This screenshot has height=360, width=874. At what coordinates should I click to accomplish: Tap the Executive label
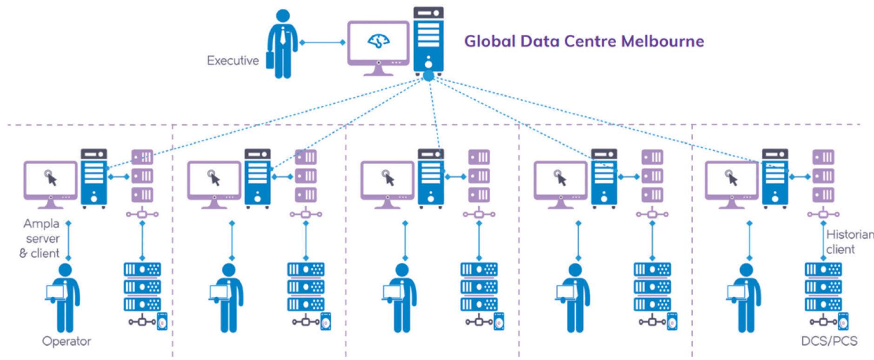233,60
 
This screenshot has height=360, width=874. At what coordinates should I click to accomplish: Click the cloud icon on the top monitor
379,41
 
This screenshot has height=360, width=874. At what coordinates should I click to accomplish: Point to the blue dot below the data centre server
428,76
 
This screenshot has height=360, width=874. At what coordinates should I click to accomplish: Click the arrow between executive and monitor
322,42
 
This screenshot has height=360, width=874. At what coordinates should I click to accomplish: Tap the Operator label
67,341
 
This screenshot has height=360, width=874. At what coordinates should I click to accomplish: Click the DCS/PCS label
829,341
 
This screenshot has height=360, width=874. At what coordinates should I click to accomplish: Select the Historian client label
849,242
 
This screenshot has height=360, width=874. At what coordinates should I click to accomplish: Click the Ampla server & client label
41,239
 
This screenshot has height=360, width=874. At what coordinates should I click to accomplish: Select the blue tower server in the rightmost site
774,178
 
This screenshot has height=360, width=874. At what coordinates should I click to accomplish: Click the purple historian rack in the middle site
479,176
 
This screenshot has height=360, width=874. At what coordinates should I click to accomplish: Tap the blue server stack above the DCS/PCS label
823,287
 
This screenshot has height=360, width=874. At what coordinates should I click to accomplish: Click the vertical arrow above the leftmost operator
68,241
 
